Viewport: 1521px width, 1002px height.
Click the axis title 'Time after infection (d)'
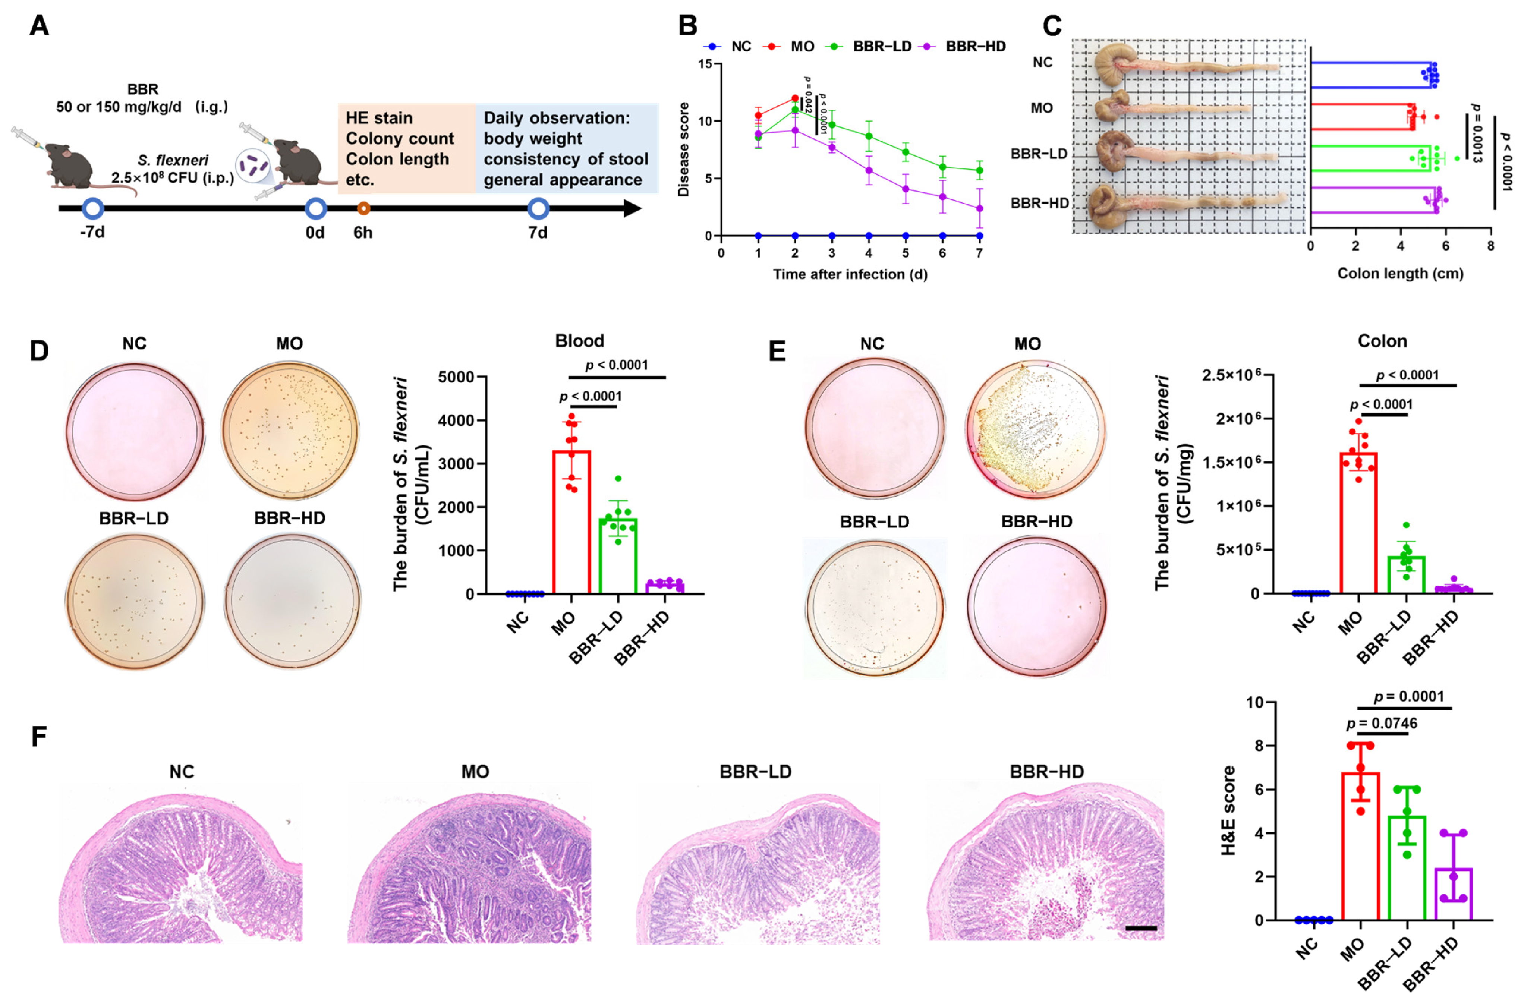[x=850, y=274]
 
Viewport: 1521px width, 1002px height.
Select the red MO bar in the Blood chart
[x=571, y=522]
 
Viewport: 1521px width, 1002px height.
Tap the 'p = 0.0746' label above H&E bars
[x=1382, y=724]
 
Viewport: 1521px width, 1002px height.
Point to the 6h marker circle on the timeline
[x=363, y=208]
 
